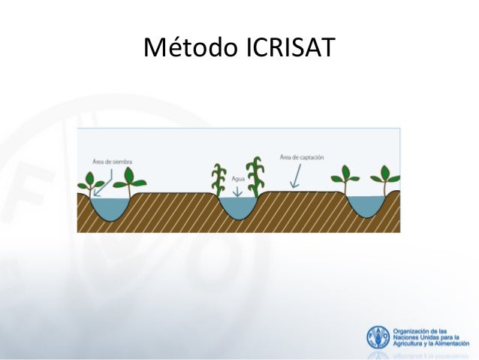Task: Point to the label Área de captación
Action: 302,157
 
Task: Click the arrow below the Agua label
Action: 239,192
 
